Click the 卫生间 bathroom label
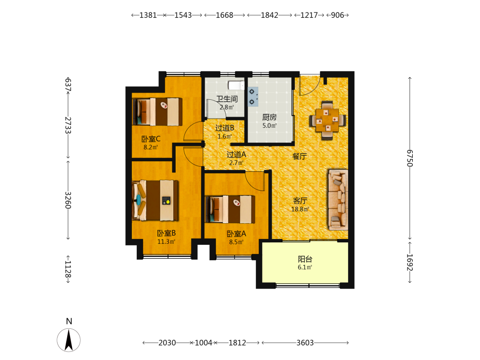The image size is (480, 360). pos(227,99)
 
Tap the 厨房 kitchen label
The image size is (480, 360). pos(269,117)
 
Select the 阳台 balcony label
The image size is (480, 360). pos(305,259)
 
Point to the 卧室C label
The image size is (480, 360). pos(151,139)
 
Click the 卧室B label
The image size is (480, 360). pos(166,233)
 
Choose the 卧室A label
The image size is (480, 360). pos(236,234)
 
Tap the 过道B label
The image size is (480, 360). pos(225,128)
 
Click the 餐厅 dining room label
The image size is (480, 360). pos(300,156)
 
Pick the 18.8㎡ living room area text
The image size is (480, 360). pos(300,209)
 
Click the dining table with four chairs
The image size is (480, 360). pos(327,120)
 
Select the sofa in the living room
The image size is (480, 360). pos(338,200)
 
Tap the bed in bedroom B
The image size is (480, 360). pos(155,201)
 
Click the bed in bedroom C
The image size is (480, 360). pos(157,112)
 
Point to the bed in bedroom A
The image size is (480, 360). pos(230,209)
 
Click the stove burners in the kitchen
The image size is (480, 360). pos(253,97)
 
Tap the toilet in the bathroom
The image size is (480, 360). pos(236,85)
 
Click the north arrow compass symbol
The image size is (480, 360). pos(69,340)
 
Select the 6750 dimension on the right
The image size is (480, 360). pos(410,158)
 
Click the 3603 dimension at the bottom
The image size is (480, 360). pos(305,343)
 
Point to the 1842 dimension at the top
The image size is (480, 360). pos(269,15)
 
